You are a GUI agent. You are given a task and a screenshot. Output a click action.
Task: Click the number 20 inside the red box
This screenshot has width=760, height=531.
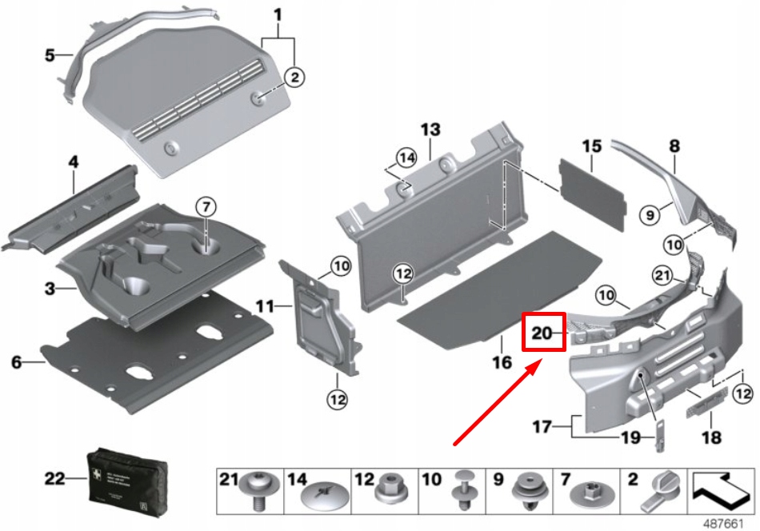click(542, 330)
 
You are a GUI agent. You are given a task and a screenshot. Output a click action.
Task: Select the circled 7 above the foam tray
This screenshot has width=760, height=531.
click(205, 207)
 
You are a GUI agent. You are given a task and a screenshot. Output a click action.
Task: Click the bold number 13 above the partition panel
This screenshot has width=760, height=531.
click(430, 130)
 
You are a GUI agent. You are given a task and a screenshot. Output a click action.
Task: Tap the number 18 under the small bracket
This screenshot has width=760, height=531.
click(710, 437)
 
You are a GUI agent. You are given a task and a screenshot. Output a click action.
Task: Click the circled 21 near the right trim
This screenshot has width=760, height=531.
click(660, 276)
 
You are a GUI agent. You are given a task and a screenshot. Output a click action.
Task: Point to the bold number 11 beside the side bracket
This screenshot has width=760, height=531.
click(265, 305)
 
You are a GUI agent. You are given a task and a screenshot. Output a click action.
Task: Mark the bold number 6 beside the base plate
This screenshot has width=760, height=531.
click(16, 363)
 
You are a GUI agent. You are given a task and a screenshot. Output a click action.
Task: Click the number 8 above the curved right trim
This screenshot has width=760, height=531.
click(674, 146)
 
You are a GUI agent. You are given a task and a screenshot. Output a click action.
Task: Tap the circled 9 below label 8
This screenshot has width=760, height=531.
click(651, 214)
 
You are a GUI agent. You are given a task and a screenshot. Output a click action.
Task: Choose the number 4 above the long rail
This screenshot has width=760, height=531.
click(73, 162)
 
